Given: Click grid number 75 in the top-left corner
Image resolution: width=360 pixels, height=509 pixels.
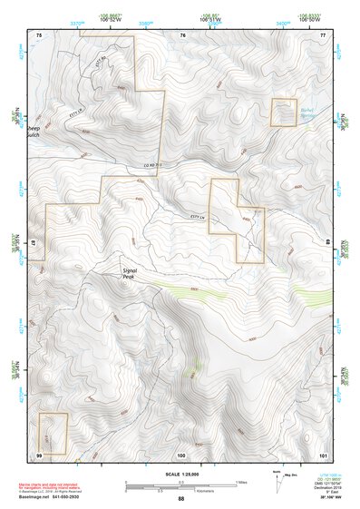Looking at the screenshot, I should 38,34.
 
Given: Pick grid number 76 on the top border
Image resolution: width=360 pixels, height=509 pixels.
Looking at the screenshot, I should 182,34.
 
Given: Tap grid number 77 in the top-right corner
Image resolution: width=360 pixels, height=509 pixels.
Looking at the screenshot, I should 322,34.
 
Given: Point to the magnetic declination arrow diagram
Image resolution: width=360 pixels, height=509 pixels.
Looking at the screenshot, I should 276,478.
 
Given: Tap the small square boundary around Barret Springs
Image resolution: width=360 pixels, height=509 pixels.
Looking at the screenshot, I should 284,113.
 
